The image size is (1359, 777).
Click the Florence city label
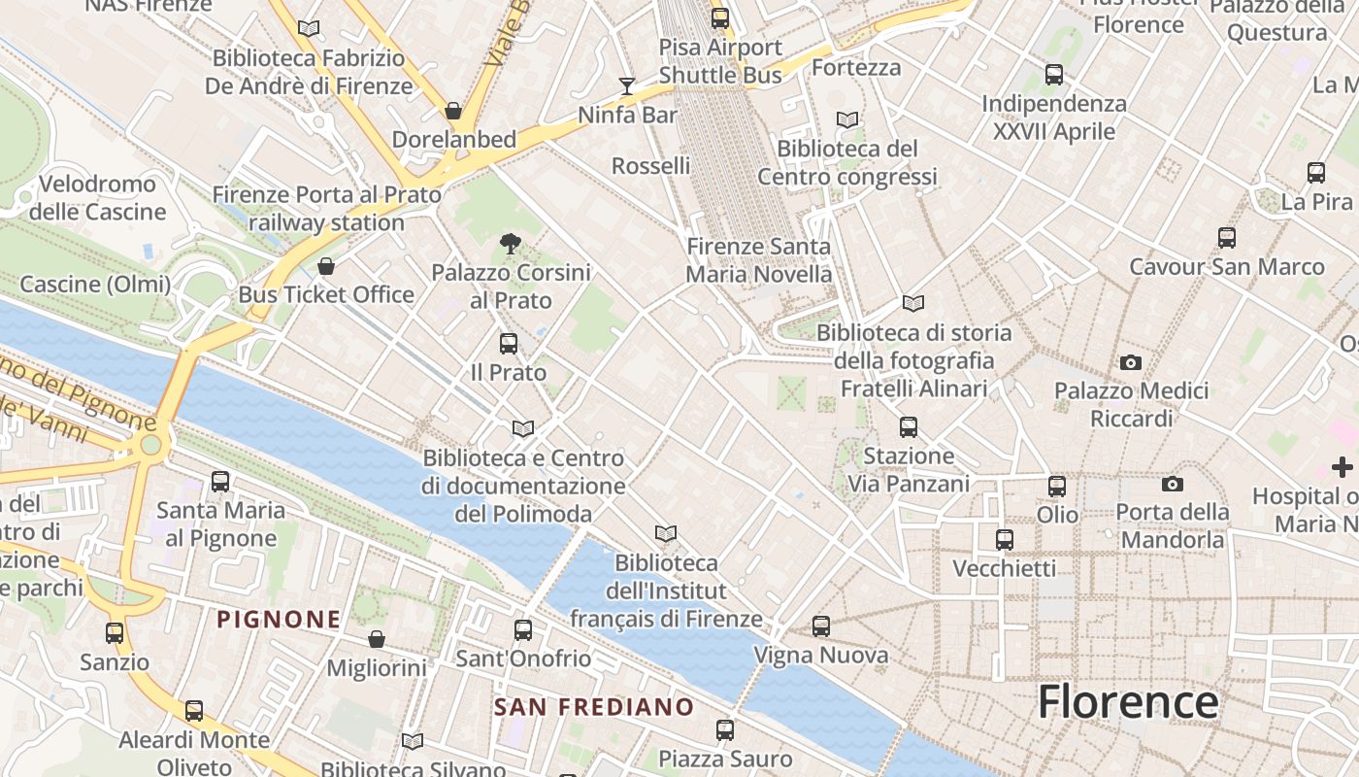point(1128,701)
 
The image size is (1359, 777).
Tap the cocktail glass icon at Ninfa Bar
point(627,86)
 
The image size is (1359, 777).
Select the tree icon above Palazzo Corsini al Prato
point(510,243)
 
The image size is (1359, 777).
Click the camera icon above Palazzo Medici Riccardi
point(1131,362)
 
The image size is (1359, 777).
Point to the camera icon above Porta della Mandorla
point(1173,484)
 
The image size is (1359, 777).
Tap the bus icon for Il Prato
point(509,343)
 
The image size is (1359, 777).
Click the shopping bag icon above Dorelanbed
point(453,111)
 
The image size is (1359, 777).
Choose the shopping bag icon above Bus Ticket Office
point(326,266)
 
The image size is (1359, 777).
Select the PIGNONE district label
point(279,619)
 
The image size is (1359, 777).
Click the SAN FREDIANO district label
point(594,706)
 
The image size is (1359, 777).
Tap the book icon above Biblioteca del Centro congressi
point(847,119)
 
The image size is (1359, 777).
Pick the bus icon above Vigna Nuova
point(821,626)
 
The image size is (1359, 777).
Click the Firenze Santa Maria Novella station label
point(759,260)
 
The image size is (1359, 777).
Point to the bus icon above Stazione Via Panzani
point(909,426)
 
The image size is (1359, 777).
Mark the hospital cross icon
point(1342,467)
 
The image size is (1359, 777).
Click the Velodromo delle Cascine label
point(98,197)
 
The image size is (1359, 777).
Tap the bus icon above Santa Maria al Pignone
point(220,481)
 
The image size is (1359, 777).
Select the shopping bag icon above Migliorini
point(377,639)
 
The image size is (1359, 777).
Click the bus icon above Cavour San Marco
point(1227,238)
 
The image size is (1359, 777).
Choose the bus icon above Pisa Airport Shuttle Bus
point(720,18)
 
